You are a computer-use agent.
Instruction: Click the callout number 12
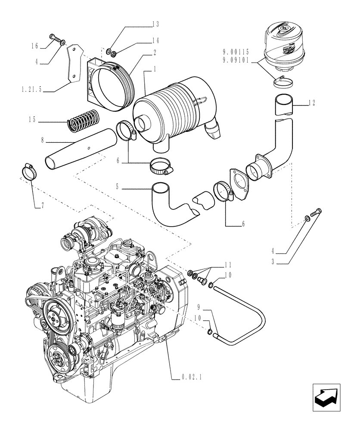(x=313, y=103)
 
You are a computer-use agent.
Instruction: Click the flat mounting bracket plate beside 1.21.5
(x=74, y=63)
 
